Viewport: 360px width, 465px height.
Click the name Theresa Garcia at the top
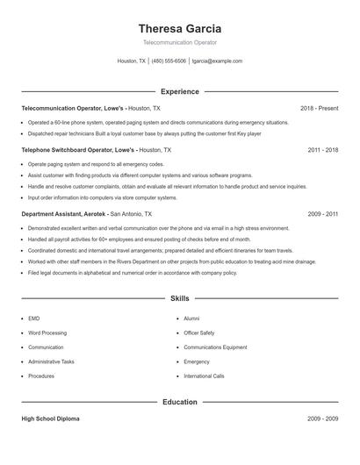pos(179,28)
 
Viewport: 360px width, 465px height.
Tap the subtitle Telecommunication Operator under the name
pos(179,42)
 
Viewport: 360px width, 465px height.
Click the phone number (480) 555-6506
pos(169,61)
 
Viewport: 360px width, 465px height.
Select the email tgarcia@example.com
pos(217,61)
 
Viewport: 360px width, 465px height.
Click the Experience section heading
pos(179,91)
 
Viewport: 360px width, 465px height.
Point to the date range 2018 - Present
pos(319,108)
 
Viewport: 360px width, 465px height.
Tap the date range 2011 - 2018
pos(323,150)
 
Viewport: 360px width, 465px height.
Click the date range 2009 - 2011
pos(323,213)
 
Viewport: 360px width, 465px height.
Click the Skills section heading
pos(179,298)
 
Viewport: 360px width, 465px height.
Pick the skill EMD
pos(33,319)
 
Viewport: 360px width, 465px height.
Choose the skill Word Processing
pos(47,333)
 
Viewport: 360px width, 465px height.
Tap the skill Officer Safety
pos(198,333)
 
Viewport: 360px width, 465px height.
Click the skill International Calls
pos(204,376)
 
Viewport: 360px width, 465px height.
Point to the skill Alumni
pos(191,319)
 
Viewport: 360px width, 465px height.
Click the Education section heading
pos(179,402)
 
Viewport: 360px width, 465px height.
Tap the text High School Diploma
pos(50,418)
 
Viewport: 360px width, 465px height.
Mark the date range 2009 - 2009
pos(323,418)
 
